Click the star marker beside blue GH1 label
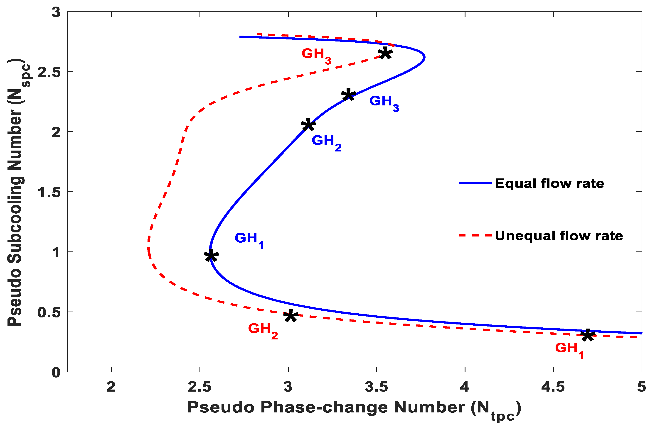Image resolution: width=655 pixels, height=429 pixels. click(211, 256)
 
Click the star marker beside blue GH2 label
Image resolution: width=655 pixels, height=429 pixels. click(308, 125)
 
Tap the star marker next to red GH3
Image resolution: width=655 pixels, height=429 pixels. click(385, 53)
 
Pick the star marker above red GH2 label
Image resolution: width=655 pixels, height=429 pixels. click(291, 316)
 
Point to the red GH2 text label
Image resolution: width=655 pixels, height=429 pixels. click(263, 330)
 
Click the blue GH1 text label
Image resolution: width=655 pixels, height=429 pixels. click(249, 239)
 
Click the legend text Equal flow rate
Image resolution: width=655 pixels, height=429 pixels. click(549, 183)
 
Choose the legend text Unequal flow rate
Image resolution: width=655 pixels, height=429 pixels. click(559, 236)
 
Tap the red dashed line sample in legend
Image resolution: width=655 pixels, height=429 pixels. click(475, 235)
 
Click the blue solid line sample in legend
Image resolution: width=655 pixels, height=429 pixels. click(475, 183)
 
